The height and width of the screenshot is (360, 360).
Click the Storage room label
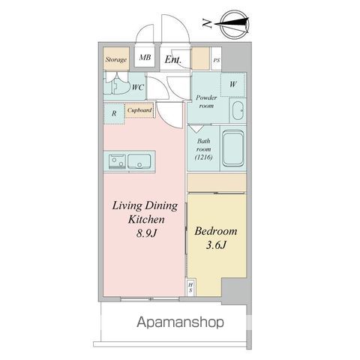115,59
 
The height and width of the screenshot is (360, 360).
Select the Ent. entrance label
173,59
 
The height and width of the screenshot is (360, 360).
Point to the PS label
217,60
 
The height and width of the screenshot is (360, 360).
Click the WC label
138,88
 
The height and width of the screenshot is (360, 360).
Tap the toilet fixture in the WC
116,87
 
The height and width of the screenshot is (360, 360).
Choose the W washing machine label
232,84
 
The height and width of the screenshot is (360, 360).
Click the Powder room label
205,102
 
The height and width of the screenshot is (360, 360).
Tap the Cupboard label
139,109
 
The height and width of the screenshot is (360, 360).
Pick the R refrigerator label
113,113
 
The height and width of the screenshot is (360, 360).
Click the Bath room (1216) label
204,148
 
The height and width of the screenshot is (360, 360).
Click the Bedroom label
216,231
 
